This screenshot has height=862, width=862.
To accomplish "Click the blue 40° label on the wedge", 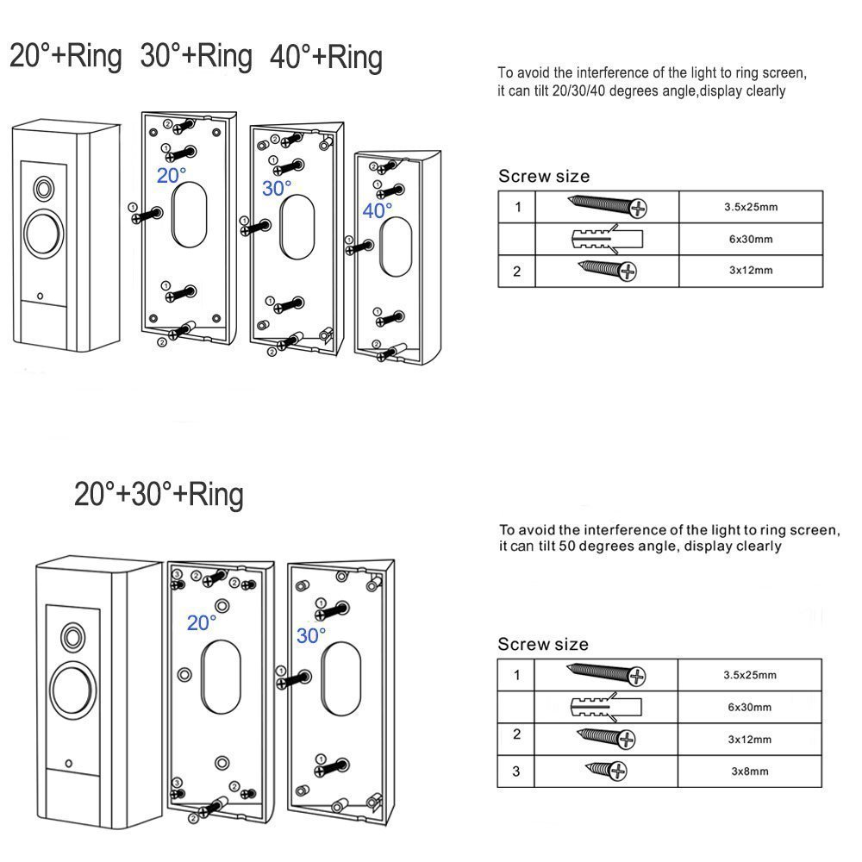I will click(x=378, y=210).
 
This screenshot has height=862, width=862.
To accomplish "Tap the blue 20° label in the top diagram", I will click(x=171, y=176).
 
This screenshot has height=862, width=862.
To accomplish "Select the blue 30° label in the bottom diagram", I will click(x=310, y=636).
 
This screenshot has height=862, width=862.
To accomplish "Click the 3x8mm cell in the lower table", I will click(x=747, y=771).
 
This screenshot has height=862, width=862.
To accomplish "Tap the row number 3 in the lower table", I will click(x=516, y=770).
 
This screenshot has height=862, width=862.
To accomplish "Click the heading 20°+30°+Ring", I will click(x=159, y=495).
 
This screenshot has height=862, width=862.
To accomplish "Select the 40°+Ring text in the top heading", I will click(x=326, y=58).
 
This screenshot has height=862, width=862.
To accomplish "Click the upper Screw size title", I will click(x=544, y=177).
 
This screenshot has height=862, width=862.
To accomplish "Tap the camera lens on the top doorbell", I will click(x=41, y=187).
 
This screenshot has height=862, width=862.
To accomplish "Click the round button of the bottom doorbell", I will click(x=72, y=689).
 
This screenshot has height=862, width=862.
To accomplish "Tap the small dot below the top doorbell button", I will click(x=41, y=297).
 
